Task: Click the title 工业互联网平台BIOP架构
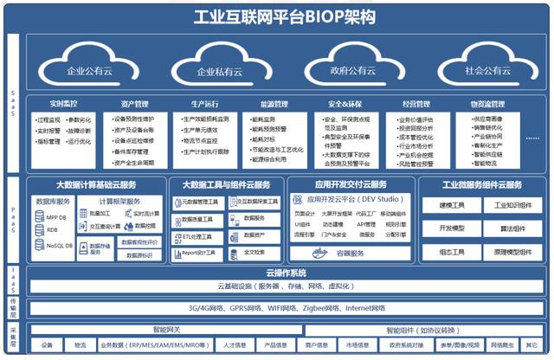pos(277,16)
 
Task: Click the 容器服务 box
pos(350,254)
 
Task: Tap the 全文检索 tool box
pos(254,252)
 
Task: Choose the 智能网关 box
pos(166,330)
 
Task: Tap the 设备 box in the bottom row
pos(47,345)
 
